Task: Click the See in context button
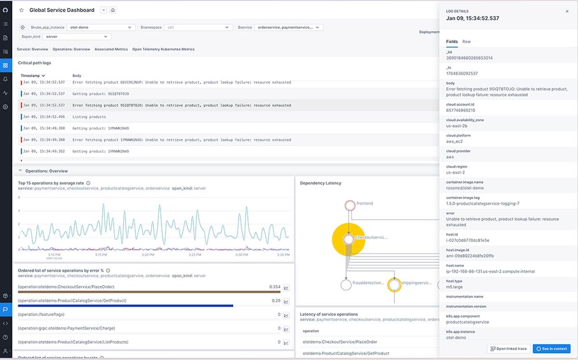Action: click(x=552, y=348)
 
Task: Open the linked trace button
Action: click(x=508, y=348)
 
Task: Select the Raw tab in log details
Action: click(x=466, y=41)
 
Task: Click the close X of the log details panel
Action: click(x=567, y=11)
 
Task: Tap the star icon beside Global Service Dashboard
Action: click(x=21, y=10)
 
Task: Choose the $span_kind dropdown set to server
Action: click(x=77, y=37)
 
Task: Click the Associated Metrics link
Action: click(x=111, y=49)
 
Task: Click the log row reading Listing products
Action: click(x=89, y=117)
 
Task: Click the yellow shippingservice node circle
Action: click(x=394, y=285)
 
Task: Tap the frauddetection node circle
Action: click(x=346, y=285)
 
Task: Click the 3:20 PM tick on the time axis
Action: click(x=148, y=254)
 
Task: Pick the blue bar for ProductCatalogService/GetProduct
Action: click(x=125, y=306)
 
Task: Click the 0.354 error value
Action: click(x=275, y=287)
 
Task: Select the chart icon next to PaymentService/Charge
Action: click(x=286, y=329)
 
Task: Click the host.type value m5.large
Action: click(x=455, y=287)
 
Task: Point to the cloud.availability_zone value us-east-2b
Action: click(x=456, y=126)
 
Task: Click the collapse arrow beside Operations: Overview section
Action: click(x=20, y=171)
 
